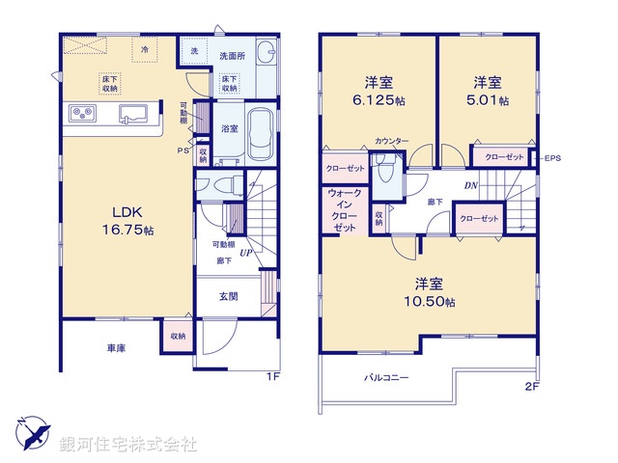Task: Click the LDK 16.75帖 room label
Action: coord(123,223)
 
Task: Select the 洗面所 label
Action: coord(233,55)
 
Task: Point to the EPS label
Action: coord(553,158)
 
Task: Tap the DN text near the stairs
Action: coord(470,184)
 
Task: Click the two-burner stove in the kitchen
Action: coord(81,114)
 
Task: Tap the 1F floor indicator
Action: coord(273,375)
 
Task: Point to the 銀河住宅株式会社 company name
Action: coord(127,445)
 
